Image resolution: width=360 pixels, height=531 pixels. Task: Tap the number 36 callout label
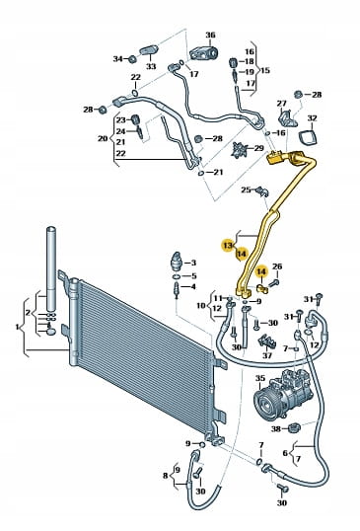click(x=210, y=35)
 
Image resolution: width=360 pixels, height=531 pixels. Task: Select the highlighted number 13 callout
click(x=228, y=245)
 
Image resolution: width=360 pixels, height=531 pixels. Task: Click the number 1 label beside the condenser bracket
click(x=17, y=327)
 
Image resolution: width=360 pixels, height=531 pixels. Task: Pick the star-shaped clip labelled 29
click(x=240, y=149)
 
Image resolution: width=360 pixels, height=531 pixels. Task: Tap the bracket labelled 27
click(x=287, y=117)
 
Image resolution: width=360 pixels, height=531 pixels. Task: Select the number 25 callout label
click(x=246, y=190)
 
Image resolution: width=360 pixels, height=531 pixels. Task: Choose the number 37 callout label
click(x=267, y=355)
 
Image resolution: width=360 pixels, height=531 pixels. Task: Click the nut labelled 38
click(x=294, y=427)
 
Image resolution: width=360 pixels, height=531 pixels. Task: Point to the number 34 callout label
click(x=117, y=59)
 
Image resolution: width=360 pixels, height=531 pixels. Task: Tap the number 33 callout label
click(x=151, y=66)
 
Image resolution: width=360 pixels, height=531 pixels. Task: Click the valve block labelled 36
click(x=203, y=53)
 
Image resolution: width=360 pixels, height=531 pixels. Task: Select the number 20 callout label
click(x=103, y=138)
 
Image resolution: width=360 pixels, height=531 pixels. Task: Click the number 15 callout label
click(x=265, y=70)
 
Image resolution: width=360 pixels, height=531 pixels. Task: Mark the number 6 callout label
click(x=285, y=453)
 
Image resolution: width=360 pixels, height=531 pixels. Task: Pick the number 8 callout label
click(x=165, y=476)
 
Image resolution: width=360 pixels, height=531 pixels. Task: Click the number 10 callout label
click(x=201, y=306)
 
